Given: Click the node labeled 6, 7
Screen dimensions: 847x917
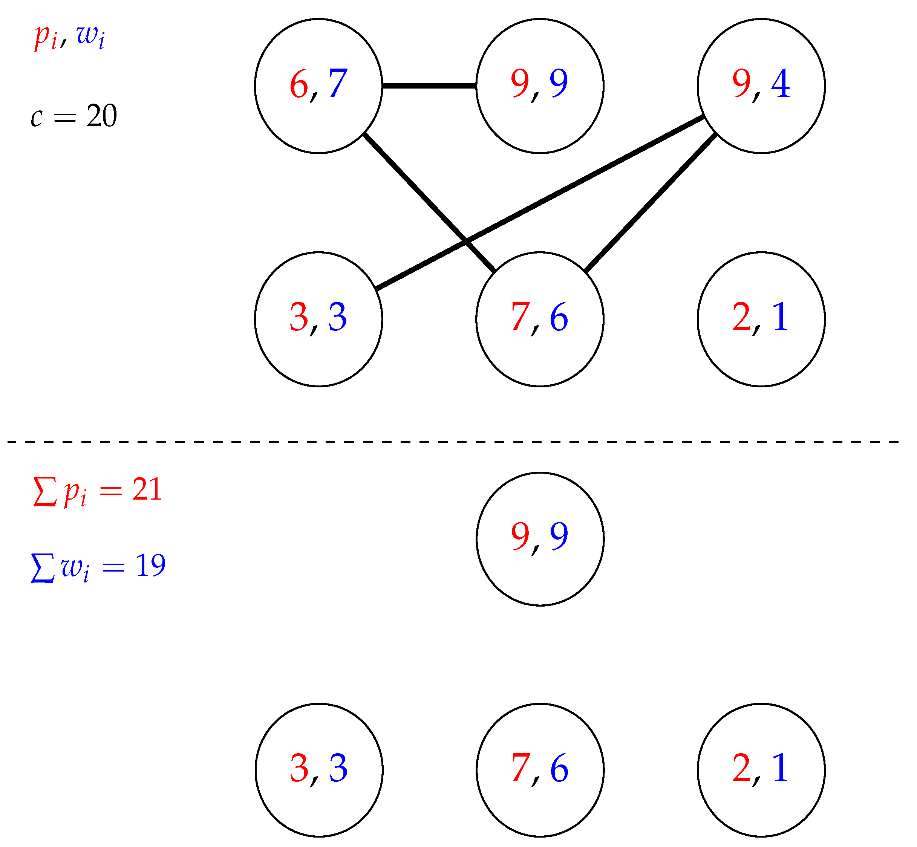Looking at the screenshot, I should [x=318, y=86].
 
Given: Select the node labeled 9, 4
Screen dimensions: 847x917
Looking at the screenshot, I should [x=761, y=86].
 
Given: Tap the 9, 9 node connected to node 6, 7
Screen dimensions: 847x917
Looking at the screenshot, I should [x=540, y=86].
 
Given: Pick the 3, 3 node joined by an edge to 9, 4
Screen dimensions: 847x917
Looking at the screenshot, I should [x=318, y=319].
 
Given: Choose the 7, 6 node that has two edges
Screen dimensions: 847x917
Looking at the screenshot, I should [x=540, y=319].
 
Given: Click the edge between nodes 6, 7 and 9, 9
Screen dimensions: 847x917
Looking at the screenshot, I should [x=429, y=86].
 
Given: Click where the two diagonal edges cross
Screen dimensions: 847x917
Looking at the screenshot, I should [x=466, y=242].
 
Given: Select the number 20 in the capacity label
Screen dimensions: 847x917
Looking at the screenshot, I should [x=102, y=116].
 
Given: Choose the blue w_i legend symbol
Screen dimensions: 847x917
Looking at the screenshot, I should [x=91, y=37].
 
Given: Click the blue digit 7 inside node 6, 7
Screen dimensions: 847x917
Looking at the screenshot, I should [x=338, y=83].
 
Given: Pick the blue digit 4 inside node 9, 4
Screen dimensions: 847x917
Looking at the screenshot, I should [x=781, y=83].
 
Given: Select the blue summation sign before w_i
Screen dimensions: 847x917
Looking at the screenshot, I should [x=43, y=568].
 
